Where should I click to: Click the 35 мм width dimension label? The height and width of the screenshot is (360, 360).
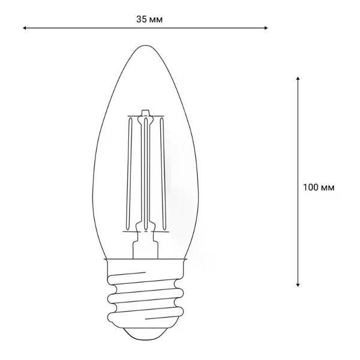[x=149, y=19]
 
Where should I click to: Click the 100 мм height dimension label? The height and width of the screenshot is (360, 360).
[x=319, y=187]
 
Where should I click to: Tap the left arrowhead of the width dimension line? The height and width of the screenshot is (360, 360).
[x=24, y=28]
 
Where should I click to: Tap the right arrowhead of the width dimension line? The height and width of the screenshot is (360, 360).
[x=266, y=28]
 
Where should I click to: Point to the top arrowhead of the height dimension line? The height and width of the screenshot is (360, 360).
[x=298, y=78]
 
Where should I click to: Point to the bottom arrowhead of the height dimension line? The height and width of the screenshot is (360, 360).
[x=298, y=285]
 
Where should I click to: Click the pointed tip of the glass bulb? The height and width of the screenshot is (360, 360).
[x=145, y=46]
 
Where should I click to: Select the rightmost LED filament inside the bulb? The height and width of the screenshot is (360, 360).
[x=163, y=174]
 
